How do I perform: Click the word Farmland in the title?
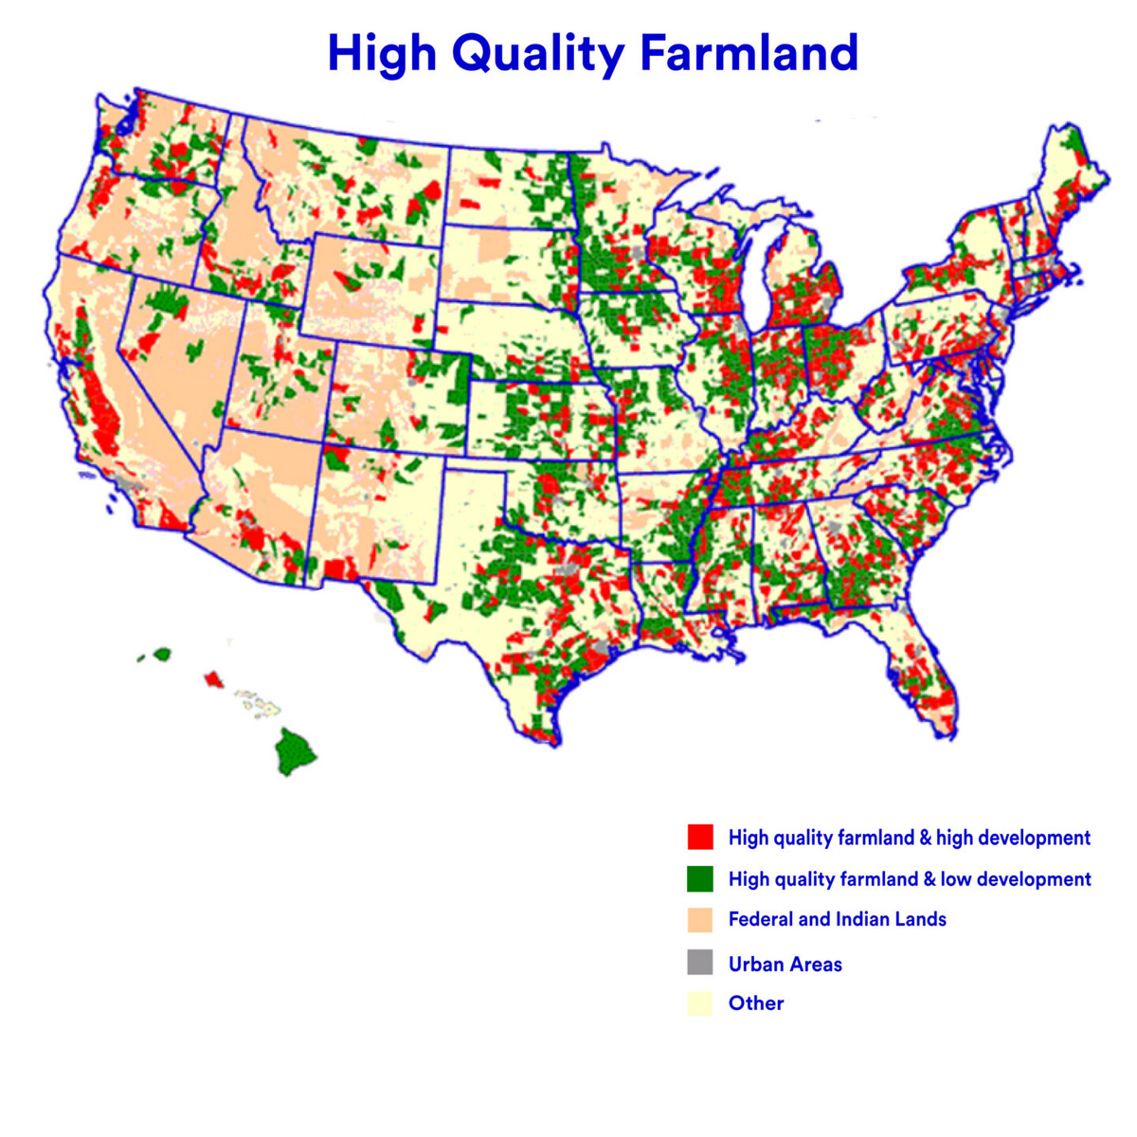749,52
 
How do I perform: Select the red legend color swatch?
699,837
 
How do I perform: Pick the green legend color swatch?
699,878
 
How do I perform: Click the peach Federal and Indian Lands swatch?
699,919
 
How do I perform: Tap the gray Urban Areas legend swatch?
699,963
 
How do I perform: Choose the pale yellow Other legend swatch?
699,1003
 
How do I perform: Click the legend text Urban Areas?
785,964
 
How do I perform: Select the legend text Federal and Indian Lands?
837,919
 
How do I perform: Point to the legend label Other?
755,1003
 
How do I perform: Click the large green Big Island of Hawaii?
296,751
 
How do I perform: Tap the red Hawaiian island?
214,679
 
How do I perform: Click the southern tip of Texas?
547,731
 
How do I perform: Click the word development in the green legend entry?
1034,879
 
